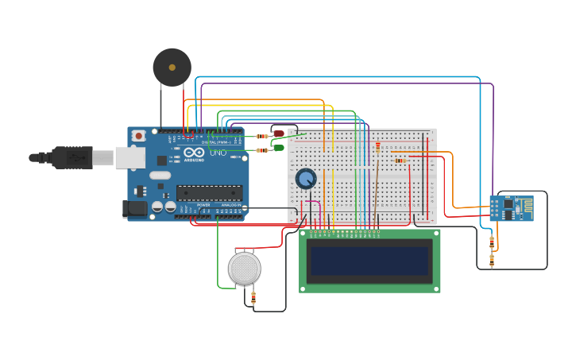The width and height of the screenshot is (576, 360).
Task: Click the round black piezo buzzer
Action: click(172, 68)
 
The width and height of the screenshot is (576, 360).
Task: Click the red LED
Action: click(279, 134)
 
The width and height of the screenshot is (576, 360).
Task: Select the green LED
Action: click(279, 147)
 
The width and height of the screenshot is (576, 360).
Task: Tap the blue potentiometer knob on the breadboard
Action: click(306, 179)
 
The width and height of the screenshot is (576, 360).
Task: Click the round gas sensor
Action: click(244, 269)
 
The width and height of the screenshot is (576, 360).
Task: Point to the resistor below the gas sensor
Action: click(253, 297)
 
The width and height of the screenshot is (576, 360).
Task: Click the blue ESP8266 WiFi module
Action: click(511, 208)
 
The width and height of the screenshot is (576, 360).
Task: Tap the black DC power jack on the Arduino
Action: click(136, 208)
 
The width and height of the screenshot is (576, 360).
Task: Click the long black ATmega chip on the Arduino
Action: click(209, 193)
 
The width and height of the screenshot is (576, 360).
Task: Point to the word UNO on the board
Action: click(218, 152)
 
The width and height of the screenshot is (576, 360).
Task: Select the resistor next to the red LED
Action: click(261, 136)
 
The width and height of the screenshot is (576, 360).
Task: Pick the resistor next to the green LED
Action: click(261, 149)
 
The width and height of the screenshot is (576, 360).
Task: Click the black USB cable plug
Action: click(72, 157)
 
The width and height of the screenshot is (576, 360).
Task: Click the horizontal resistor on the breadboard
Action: click(400, 161)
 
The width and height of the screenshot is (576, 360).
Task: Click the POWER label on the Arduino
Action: click(203, 205)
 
